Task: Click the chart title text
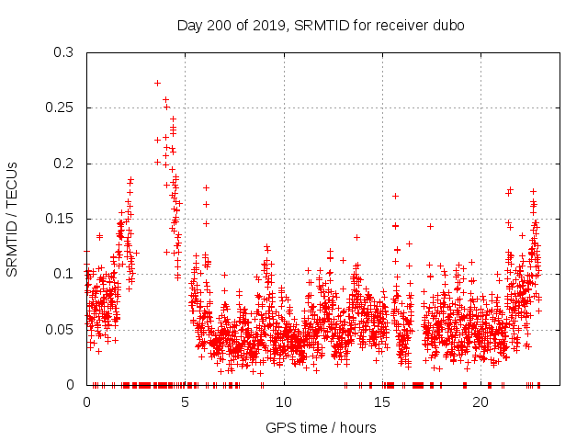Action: coord(321,25)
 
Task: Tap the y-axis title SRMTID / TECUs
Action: coord(12,219)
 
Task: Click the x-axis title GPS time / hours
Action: coord(321,427)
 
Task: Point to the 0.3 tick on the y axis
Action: coord(63,52)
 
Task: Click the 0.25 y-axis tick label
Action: coord(60,107)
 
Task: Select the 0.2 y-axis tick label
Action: coord(63,164)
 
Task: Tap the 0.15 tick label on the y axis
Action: coord(60,219)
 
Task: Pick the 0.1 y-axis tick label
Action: coord(63,274)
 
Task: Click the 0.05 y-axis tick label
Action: coord(60,329)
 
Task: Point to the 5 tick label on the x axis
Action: coord(185,401)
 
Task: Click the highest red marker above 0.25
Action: coord(157,83)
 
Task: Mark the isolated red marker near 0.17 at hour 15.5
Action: coord(395,196)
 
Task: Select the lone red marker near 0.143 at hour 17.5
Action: coord(430,226)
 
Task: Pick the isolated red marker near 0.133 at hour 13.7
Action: coord(356,237)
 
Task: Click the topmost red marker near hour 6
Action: coord(206,187)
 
